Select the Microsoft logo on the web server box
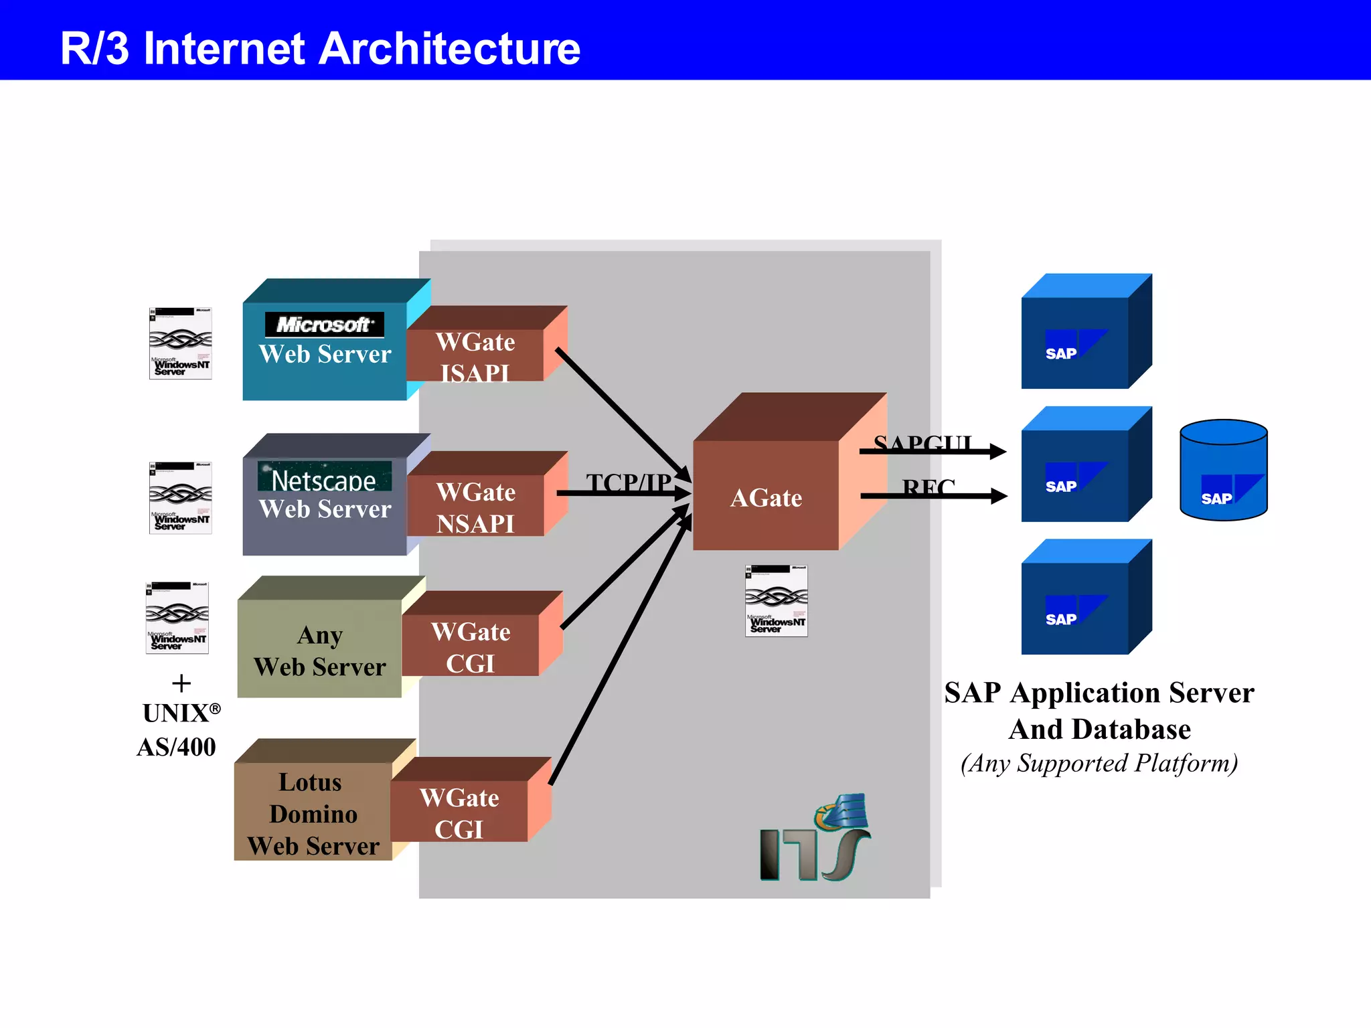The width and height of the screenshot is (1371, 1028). pyautogui.click(x=325, y=325)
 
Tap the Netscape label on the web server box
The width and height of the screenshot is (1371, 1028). pyautogui.click(x=324, y=479)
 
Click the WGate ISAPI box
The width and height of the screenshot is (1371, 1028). pyautogui.click(x=475, y=355)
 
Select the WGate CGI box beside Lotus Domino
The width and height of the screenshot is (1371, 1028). pyautogui.click(x=459, y=811)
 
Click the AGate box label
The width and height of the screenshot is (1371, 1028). pyautogui.click(x=766, y=498)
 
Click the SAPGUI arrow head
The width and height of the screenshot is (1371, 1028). pyautogui.click(x=997, y=452)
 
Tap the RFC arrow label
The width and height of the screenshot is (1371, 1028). pyautogui.click(x=928, y=487)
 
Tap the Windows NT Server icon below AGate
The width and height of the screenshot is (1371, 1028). pyautogui.click(x=776, y=600)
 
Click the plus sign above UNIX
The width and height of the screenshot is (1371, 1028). pyautogui.click(x=181, y=683)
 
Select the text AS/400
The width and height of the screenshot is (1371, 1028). pyautogui.click(x=176, y=747)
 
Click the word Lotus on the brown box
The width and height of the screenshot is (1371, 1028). pyautogui.click(x=310, y=782)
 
